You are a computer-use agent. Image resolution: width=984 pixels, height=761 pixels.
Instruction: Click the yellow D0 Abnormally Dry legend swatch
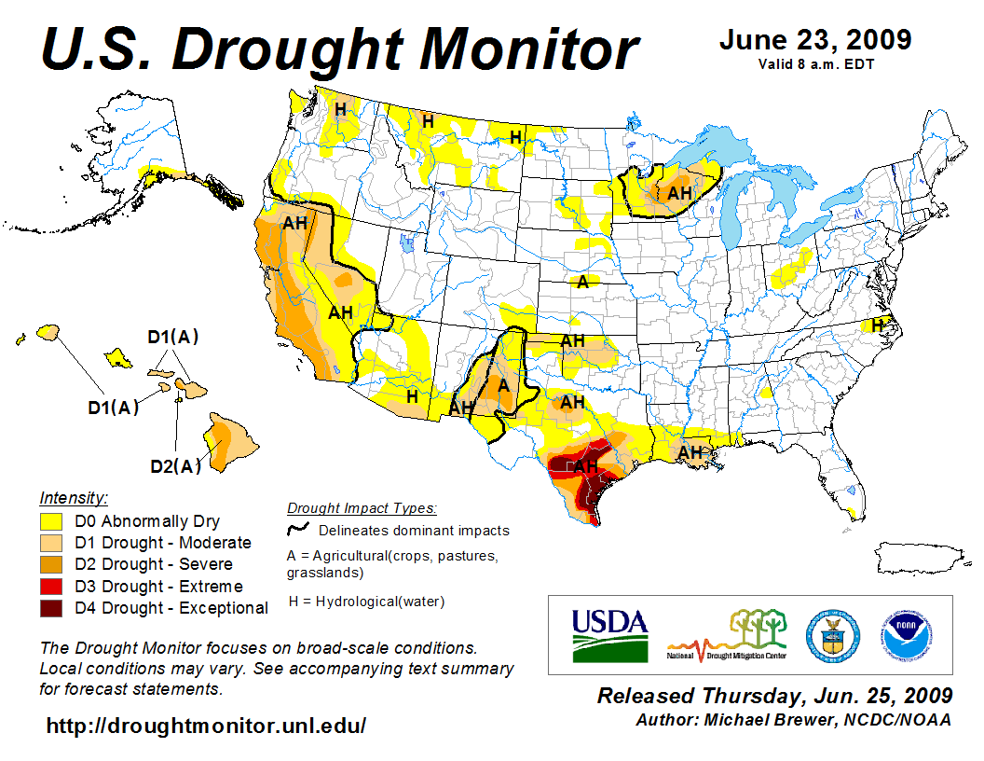[51, 521]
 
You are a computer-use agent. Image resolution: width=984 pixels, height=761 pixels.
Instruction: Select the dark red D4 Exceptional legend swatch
[51, 608]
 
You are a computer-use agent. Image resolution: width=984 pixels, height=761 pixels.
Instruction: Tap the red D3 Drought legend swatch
[51, 587]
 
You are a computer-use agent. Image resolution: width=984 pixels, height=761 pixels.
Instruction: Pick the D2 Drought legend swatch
[51, 564]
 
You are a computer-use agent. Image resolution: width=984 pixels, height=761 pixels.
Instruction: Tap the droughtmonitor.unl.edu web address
[206, 726]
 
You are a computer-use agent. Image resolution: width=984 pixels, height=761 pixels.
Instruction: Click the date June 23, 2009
[815, 41]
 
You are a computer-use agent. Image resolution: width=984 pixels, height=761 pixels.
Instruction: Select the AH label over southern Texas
[585, 466]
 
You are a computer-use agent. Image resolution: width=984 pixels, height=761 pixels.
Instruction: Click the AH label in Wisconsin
[680, 193]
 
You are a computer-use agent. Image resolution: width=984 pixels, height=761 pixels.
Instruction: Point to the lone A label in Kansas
[583, 282]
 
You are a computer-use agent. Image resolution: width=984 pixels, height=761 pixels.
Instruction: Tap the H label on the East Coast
[877, 325]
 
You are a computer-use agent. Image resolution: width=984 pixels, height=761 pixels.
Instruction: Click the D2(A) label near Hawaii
[176, 466]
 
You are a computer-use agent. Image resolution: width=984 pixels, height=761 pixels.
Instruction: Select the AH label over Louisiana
[690, 452]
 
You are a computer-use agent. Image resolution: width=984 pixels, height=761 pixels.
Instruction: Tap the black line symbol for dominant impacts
[298, 530]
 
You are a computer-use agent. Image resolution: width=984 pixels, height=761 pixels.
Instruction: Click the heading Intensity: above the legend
[74, 498]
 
